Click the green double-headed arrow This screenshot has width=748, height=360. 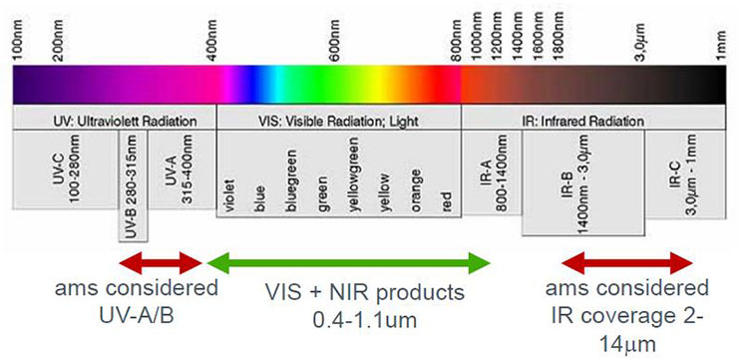(347, 262)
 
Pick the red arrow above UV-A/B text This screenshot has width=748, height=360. (161, 262)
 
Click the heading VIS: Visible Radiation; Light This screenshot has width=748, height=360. (337, 121)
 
